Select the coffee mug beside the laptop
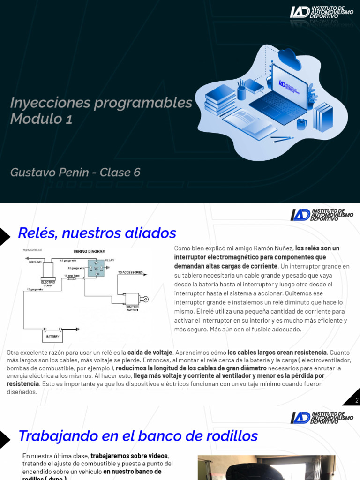(301, 123)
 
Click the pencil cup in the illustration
(241, 91)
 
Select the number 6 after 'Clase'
(137, 172)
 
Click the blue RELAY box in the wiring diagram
(97, 268)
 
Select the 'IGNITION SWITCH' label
(132, 308)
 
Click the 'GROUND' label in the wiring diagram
(35, 262)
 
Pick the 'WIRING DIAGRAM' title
(89, 251)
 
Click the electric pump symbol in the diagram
(48, 271)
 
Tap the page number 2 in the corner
(357, 400)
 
